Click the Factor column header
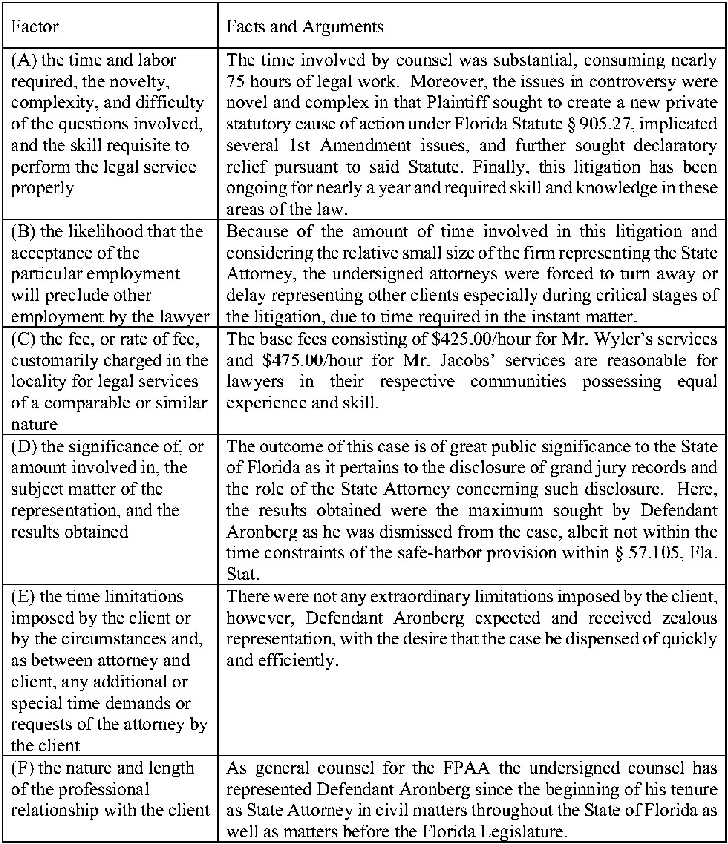(x=35, y=27)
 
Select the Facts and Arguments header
(x=305, y=27)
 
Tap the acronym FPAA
(x=461, y=768)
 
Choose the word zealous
(x=689, y=618)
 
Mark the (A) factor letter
(x=24, y=60)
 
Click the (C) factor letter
(x=24, y=339)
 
